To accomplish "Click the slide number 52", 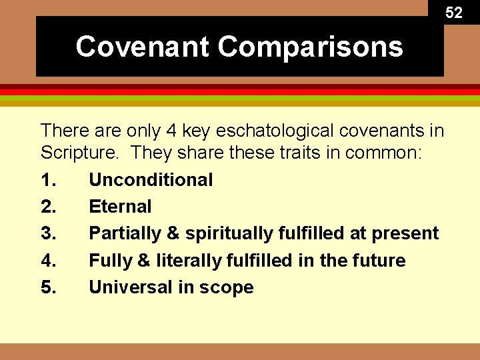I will pyautogui.click(x=453, y=13).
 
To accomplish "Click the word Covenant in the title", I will pyautogui.click(x=143, y=47).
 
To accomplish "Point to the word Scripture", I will pyautogui.click(x=79, y=153).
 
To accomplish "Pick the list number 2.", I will pyautogui.click(x=48, y=207).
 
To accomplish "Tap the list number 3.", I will pyautogui.click(x=48, y=233).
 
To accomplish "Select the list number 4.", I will pyautogui.click(x=48, y=261).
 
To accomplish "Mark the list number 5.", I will pyautogui.click(x=48, y=287).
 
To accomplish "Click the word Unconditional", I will pyautogui.click(x=151, y=180).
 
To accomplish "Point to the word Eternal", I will pyautogui.click(x=120, y=207).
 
